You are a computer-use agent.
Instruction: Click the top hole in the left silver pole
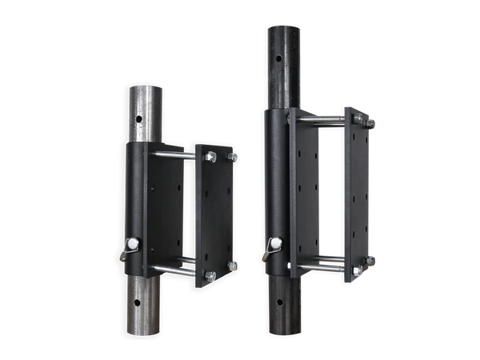point(138,118)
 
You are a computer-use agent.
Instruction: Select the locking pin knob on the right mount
point(274,242)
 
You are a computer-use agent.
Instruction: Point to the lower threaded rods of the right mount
point(320,265)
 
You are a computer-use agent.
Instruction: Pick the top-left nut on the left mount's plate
point(210,158)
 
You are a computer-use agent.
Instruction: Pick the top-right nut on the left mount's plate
point(233,158)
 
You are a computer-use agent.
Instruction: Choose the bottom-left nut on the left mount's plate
point(210,275)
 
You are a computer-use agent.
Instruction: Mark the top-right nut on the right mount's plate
point(370,122)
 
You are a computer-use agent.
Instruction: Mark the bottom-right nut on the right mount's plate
point(370,260)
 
